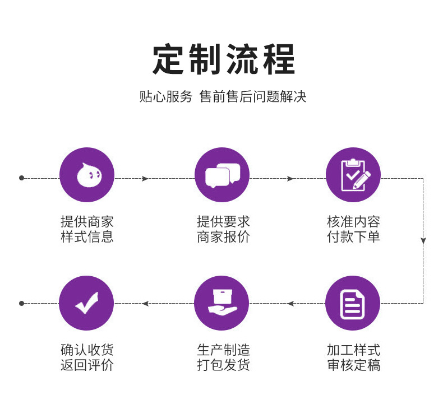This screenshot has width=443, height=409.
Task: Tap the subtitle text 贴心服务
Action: tap(165, 96)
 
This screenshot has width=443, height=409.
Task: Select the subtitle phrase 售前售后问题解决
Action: tap(253, 96)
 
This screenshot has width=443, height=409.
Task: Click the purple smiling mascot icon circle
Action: tap(87, 175)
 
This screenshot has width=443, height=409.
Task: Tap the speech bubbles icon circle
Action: tap(221, 175)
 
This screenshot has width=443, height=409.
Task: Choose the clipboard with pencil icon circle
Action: tap(353, 175)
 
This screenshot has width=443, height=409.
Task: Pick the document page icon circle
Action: tap(353, 303)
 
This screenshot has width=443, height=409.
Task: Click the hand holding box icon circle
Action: tap(221, 303)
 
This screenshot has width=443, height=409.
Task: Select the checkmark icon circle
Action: tap(86, 303)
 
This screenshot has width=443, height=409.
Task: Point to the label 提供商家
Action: tap(87, 222)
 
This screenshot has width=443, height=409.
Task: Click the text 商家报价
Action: tap(223, 237)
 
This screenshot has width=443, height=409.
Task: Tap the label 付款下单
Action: tap(353, 237)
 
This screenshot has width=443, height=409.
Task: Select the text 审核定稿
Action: tap(353, 366)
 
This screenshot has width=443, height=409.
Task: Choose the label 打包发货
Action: tap(223, 366)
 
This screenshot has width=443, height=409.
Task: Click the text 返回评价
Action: tap(87, 366)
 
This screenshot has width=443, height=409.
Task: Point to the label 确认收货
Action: tap(87, 351)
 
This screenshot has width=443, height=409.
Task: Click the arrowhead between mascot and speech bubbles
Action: tap(145, 179)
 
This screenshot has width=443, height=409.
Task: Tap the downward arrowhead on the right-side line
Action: tap(423, 240)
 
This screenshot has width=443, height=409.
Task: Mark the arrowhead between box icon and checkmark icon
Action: tap(145, 304)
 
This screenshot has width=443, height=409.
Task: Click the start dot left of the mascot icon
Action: tap(22, 178)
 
